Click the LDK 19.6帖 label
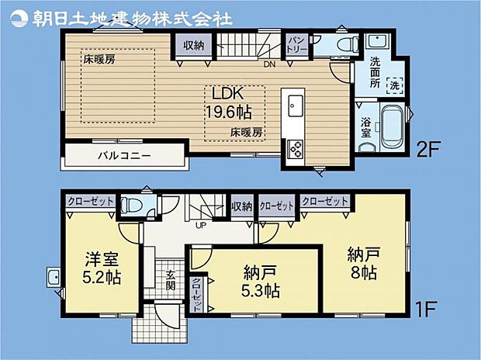coord(228,103)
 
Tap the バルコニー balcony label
coord(124,156)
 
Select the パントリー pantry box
coord(296,46)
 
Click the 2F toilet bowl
coord(348,45)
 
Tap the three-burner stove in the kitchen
coord(295,149)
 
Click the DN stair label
coord(270,64)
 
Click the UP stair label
coord(201,226)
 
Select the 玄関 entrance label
coord(171,280)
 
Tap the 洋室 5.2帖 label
coord(102,268)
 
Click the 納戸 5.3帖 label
coord(260,282)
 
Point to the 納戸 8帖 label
coord(364,263)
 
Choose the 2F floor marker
coord(428,148)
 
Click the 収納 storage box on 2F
coord(194,46)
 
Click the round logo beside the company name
coord(19,19)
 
